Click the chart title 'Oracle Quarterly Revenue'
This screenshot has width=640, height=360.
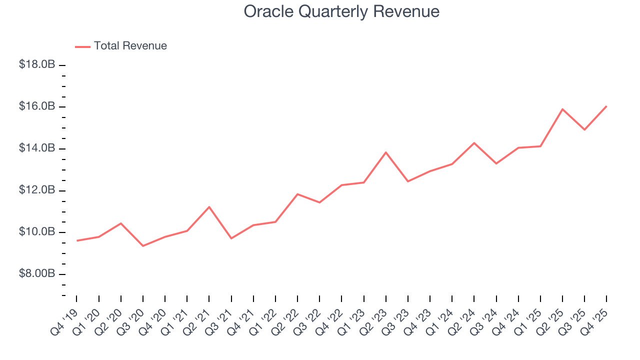point(341,11)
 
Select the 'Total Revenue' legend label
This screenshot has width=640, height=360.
point(130,46)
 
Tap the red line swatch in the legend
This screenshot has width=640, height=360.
point(82,46)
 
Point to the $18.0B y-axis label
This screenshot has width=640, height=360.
point(36,65)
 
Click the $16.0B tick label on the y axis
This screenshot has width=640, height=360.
point(36,106)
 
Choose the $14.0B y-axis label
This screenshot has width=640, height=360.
point(36,148)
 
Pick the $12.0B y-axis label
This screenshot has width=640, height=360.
point(36,190)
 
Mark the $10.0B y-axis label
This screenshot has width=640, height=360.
point(36,232)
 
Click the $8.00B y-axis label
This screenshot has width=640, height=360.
point(36,274)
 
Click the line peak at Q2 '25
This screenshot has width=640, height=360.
point(562,109)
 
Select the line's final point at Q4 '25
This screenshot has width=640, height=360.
point(606,106)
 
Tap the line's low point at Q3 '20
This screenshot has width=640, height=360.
point(143,245)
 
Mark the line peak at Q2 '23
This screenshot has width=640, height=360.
point(386,152)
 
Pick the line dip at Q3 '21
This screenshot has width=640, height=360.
point(231,238)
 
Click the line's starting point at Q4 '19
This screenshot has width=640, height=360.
point(76,240)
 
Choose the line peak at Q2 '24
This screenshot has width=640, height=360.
point(474,143)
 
